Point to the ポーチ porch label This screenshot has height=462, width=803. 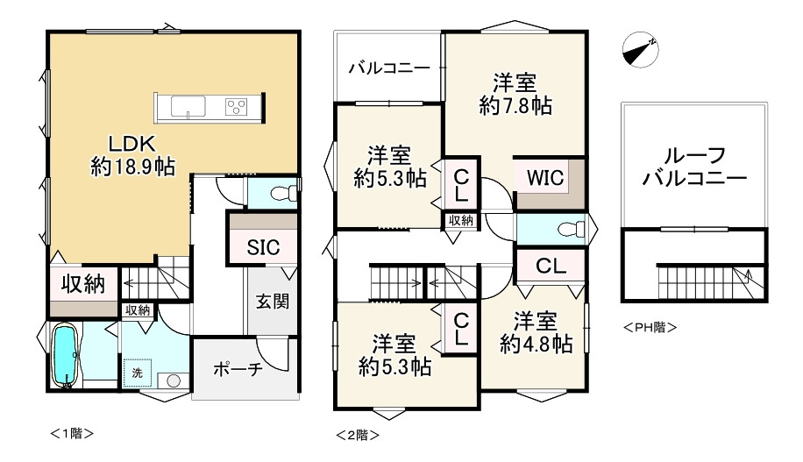(238, 369)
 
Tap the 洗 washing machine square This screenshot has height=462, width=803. (138, 373)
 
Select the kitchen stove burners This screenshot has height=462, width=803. (237, 107)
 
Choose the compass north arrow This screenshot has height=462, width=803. (641, 49)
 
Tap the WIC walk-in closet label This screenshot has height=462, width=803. (544, 178)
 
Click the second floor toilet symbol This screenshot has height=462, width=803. (571, 231)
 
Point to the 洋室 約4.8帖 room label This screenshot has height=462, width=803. (536, 331)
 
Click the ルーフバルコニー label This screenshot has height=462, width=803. (693, 167)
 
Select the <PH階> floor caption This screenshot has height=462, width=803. (650, 328)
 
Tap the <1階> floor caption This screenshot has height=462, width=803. (71, 432)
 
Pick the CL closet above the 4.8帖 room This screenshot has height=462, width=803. (550, 264)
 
